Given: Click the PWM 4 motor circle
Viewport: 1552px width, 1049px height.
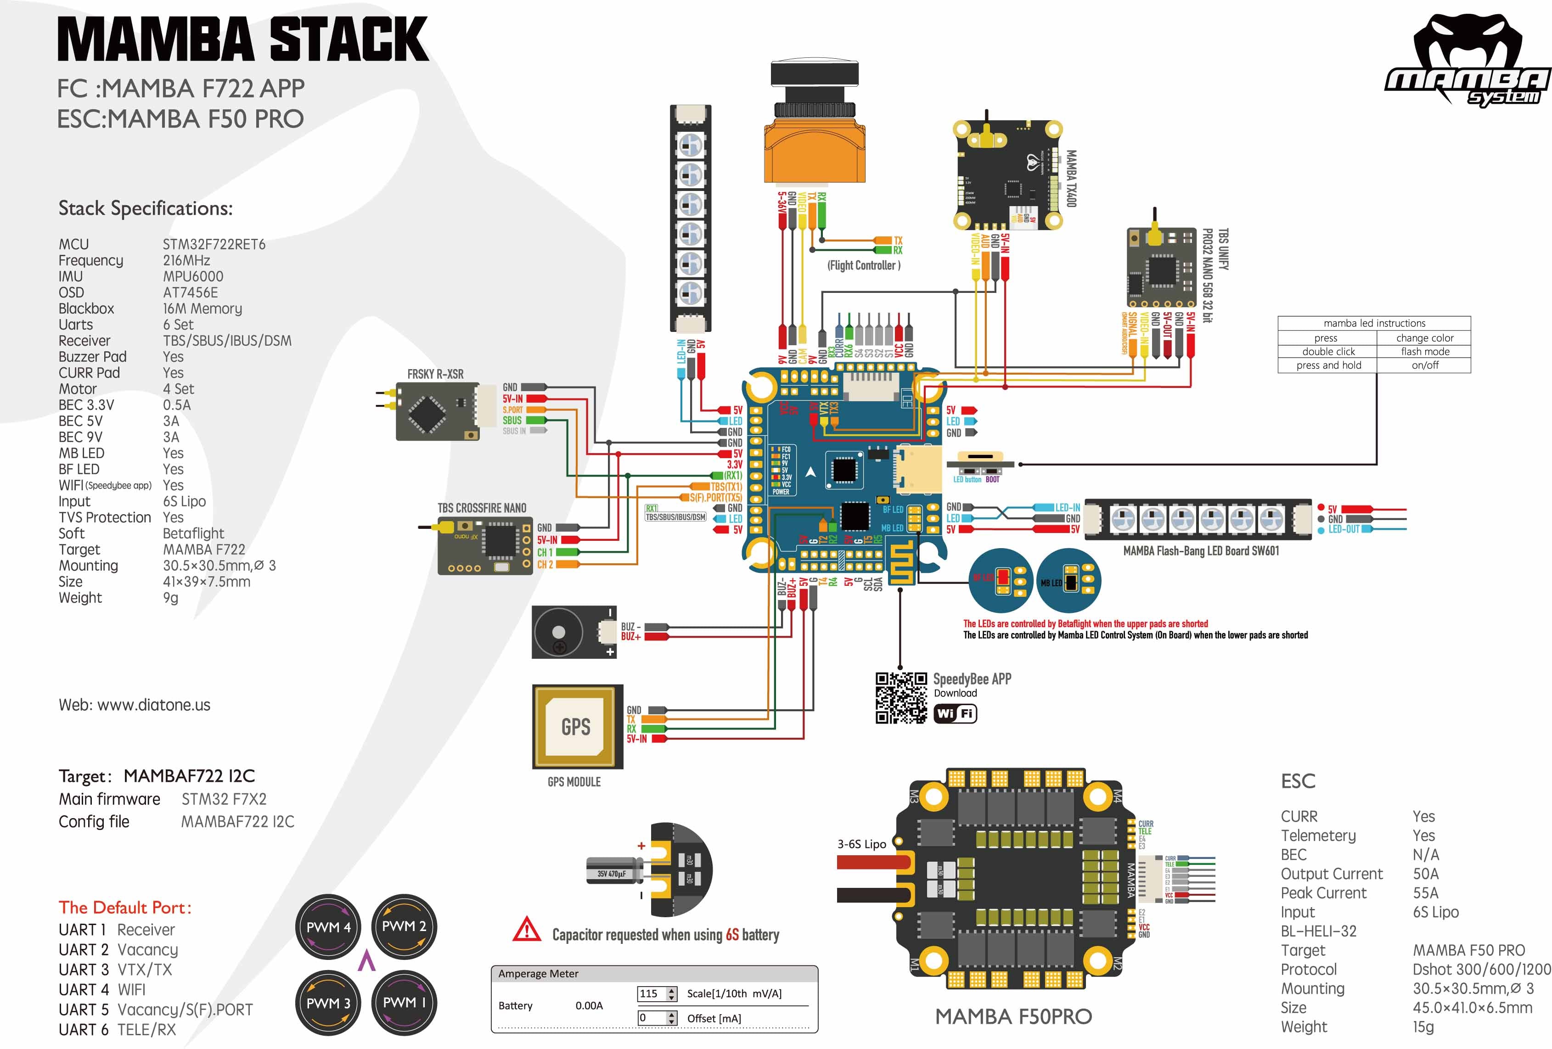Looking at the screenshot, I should point(328,927).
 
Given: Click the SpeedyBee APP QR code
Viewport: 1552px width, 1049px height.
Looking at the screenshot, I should point(901,698).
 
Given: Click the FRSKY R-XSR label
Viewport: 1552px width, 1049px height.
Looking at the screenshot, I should point(435,374).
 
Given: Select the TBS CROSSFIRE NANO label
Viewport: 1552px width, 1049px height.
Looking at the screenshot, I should point(482,508).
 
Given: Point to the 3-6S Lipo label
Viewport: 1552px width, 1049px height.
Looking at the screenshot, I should point(861,844).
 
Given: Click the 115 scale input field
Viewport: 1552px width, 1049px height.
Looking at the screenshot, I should point(652,993).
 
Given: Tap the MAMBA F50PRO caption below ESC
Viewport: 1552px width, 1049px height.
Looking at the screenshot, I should point(1013,1016).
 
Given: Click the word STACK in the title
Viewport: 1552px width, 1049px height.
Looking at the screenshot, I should point(349,40).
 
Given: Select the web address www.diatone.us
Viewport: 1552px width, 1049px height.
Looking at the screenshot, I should point(154,705).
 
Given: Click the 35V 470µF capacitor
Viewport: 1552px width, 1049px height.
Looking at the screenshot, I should point(613,872).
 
